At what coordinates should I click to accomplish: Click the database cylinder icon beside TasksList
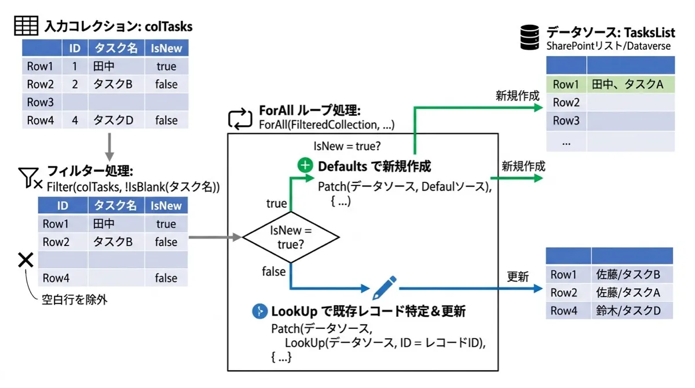tap(529, 37)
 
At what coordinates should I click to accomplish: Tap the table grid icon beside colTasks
tap(26, 25)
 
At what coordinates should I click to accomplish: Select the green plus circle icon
tap(305, 165)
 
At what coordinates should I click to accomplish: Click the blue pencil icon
tap(384, 288)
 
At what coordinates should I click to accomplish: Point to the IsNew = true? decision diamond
tap(291, 237)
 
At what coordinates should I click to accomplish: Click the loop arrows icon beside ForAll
tap(240, 119)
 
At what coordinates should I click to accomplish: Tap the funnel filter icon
tap(30, 178)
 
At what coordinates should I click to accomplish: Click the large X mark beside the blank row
tap(25, 260)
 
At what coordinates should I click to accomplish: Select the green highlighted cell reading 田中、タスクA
tap(631, 84)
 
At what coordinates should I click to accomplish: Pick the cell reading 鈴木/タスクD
tap(632, 310)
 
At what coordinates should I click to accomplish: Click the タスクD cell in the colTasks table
tap(116, 120)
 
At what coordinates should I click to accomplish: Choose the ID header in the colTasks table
tap(75, 48)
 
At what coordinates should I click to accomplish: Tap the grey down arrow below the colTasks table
tap(109, 147)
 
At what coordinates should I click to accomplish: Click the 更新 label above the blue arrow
tap(518, 276)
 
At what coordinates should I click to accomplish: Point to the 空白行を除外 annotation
tap(75, 299)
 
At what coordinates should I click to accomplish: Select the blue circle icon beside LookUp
tap(259, 311)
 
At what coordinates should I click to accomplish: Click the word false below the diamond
tap(273, 272)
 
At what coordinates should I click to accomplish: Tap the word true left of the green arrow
tap(276, 203)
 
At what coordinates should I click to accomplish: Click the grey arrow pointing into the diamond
tap(215, 237)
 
